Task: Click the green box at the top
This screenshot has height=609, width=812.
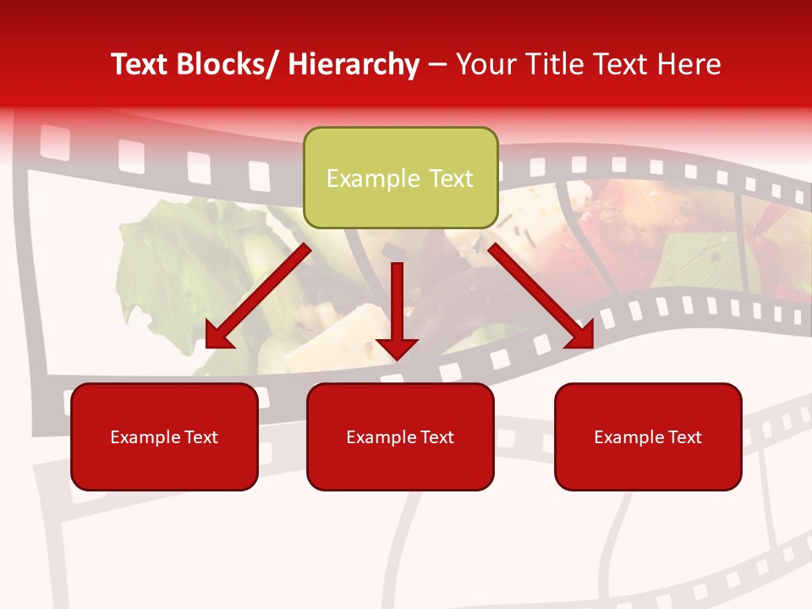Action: tap(400, 178)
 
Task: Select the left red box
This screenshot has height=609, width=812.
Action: tap(164, 436)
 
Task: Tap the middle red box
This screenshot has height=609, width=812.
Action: tap(400, 436)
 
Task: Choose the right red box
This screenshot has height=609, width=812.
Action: tap(648, 436)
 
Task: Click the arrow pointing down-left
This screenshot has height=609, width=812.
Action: tap(258, 296)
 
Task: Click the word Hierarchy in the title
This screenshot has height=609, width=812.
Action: tap(354, 64)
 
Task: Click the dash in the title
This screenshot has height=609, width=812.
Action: tap(437, 64)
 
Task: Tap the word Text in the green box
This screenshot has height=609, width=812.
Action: tap(449, 178)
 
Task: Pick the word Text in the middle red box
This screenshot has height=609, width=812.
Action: tap(435, 437)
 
